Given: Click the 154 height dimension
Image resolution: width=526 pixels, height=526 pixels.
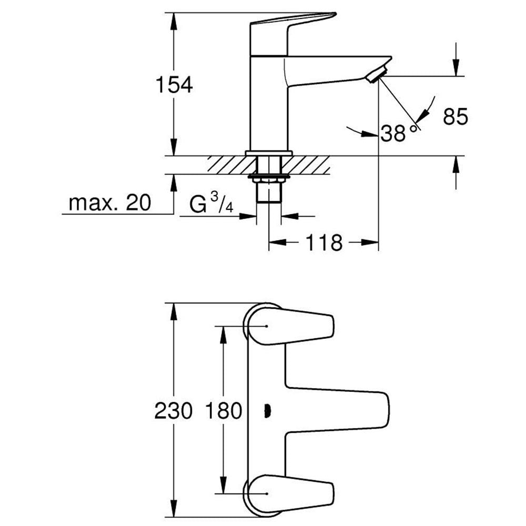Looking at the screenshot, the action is [174, 85].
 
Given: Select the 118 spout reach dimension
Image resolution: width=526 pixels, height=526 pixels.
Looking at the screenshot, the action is [323, 242].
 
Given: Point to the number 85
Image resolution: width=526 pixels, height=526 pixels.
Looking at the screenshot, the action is [455, 117].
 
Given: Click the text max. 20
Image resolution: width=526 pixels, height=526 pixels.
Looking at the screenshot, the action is [110, 203].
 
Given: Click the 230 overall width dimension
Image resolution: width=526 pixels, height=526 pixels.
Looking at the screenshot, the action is [174, 411].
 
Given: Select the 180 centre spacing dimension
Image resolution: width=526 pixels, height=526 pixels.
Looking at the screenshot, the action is [224, 411].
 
